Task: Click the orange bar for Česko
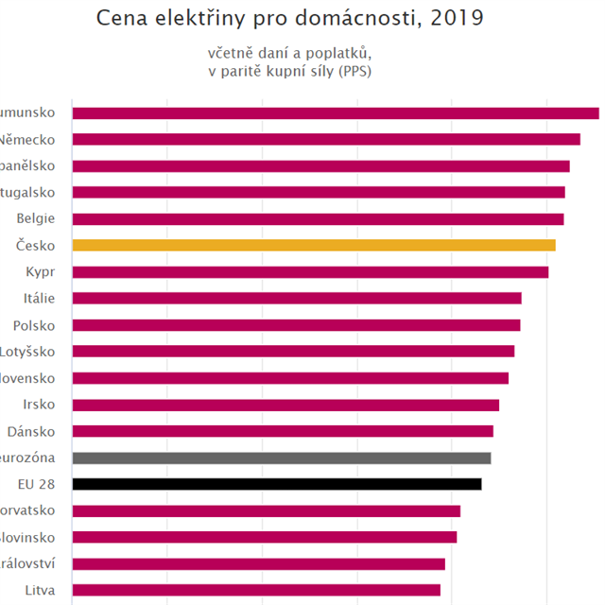click(313, 246)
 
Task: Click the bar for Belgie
click(318, 219)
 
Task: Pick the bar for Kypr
click(310, 272)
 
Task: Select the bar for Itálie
click(296, 299)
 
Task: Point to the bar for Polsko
click(296, 325)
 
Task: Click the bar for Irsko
click(285, 405)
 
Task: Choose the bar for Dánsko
click(282, 431)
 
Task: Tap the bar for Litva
click(255, 590)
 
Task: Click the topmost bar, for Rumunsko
click(335, 113)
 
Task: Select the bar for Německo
click(325, 140)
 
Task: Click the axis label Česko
click(36, 246)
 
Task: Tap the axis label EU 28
click(36, 484)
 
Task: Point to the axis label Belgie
click(36, 218)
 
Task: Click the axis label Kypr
click(41, 272)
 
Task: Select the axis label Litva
click(40, 590)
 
